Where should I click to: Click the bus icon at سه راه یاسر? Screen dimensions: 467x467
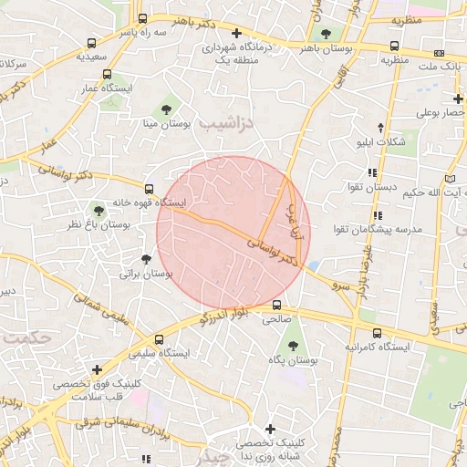[142, 18]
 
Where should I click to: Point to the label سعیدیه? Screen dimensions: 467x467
[93, 57]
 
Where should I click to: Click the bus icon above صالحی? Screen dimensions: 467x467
[276, 306]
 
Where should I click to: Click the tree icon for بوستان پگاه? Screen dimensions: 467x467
[293, 346]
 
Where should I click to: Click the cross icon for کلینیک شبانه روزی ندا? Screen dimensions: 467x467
[270, 429]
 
